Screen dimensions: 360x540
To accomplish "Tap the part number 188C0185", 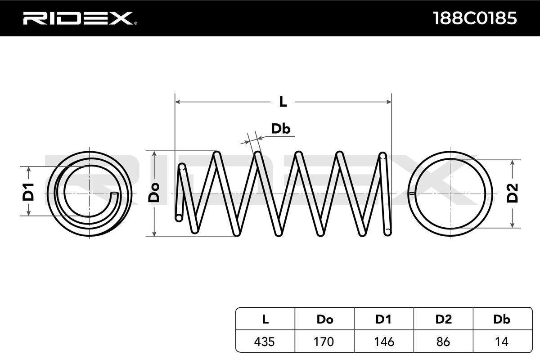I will click(474, 18).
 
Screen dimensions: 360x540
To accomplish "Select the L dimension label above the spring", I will click(283, 102).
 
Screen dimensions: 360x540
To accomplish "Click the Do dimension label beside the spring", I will click(154, 193).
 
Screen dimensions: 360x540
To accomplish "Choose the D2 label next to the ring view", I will click(513, 193).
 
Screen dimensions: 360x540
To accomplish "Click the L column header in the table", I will click(265, 319).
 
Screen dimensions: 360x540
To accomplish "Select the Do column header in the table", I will click(324, 319).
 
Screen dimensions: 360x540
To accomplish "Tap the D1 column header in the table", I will click(383, 319).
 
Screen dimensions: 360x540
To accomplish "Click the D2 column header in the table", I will click(443, 319).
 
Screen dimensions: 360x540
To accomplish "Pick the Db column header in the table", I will click(502, 319).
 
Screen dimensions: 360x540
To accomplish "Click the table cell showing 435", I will click(265, 342).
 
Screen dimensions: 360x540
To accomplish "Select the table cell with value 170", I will click(324, 342).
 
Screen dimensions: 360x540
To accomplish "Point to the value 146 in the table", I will click(383, 342).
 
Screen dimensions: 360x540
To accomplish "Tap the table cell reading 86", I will click(443, 342).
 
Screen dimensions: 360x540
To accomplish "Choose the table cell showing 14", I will click(502, 342).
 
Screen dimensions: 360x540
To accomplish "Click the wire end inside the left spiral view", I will click(114, 195).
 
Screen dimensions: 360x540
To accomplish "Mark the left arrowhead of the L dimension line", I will click(177, 102).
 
